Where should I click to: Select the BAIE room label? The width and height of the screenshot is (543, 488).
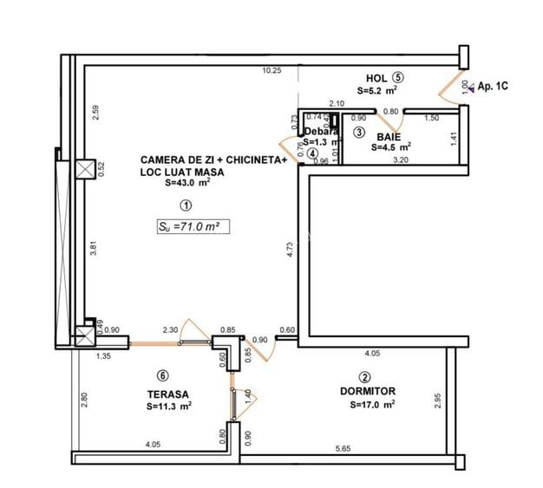[x=388, y=136]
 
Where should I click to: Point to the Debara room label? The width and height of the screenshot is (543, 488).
[x=321, y=132]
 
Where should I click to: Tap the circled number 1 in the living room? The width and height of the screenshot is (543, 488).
[x=185, y=205]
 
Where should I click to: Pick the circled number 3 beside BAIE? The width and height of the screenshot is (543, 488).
[x=359, y=133]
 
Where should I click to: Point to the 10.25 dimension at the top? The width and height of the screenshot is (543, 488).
[x=272, y=71]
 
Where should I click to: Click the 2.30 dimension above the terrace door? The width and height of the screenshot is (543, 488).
[x=170, y=329]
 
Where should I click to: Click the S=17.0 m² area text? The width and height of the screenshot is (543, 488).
[x=373, y=404]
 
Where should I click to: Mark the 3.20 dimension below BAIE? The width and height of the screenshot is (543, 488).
[x=400, y=159]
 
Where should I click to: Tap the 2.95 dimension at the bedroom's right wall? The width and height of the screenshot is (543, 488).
[x=438, y=401]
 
